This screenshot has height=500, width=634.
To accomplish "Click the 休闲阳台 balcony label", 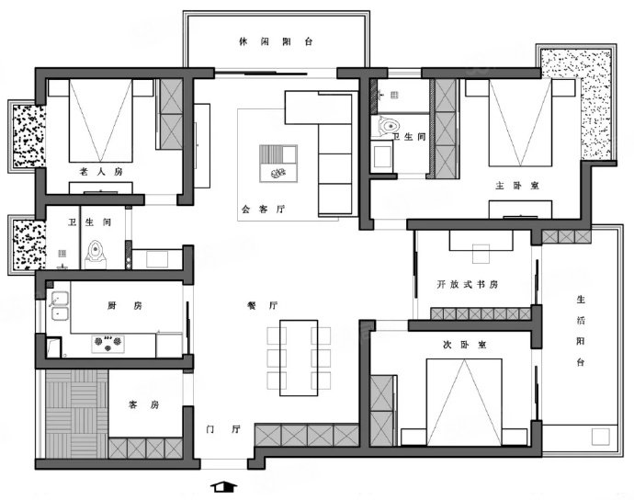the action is [x=276, y=41].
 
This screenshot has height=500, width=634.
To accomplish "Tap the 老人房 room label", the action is [x=101, y=172].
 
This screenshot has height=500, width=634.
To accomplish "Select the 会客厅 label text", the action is [x=263, y=210].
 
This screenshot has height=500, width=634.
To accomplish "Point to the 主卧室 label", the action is [x=517, y=186].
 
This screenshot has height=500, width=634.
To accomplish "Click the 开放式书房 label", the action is [x=468, y=284].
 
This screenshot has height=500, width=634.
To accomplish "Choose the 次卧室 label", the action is [x=465, y=345].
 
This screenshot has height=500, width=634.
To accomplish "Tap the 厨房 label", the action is [x=125, y=305].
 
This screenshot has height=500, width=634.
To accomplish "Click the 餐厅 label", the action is [x=263, y=305].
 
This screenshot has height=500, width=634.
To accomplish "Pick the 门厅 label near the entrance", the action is [x=223, y=429].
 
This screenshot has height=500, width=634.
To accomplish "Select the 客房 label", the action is [x=143, y=404].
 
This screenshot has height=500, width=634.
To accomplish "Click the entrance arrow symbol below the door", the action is [x=224, y=486].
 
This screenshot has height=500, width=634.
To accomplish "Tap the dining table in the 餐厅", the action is [x=299, y=358].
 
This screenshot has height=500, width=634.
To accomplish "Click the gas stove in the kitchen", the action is [x=108, y=344].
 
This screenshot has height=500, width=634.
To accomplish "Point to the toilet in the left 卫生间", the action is [x=96, y=255].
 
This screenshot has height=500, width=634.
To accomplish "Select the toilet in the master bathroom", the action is [x=387, y=125].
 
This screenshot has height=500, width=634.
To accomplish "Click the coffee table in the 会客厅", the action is [x=278, y=164].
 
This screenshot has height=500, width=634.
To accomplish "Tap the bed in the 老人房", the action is [x=101, y=120].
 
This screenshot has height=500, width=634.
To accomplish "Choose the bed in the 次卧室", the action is [x=464, y=402].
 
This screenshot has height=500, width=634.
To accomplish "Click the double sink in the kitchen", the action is [x=60, y=306].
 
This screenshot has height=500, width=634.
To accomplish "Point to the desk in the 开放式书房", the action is [x=481, y=240].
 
